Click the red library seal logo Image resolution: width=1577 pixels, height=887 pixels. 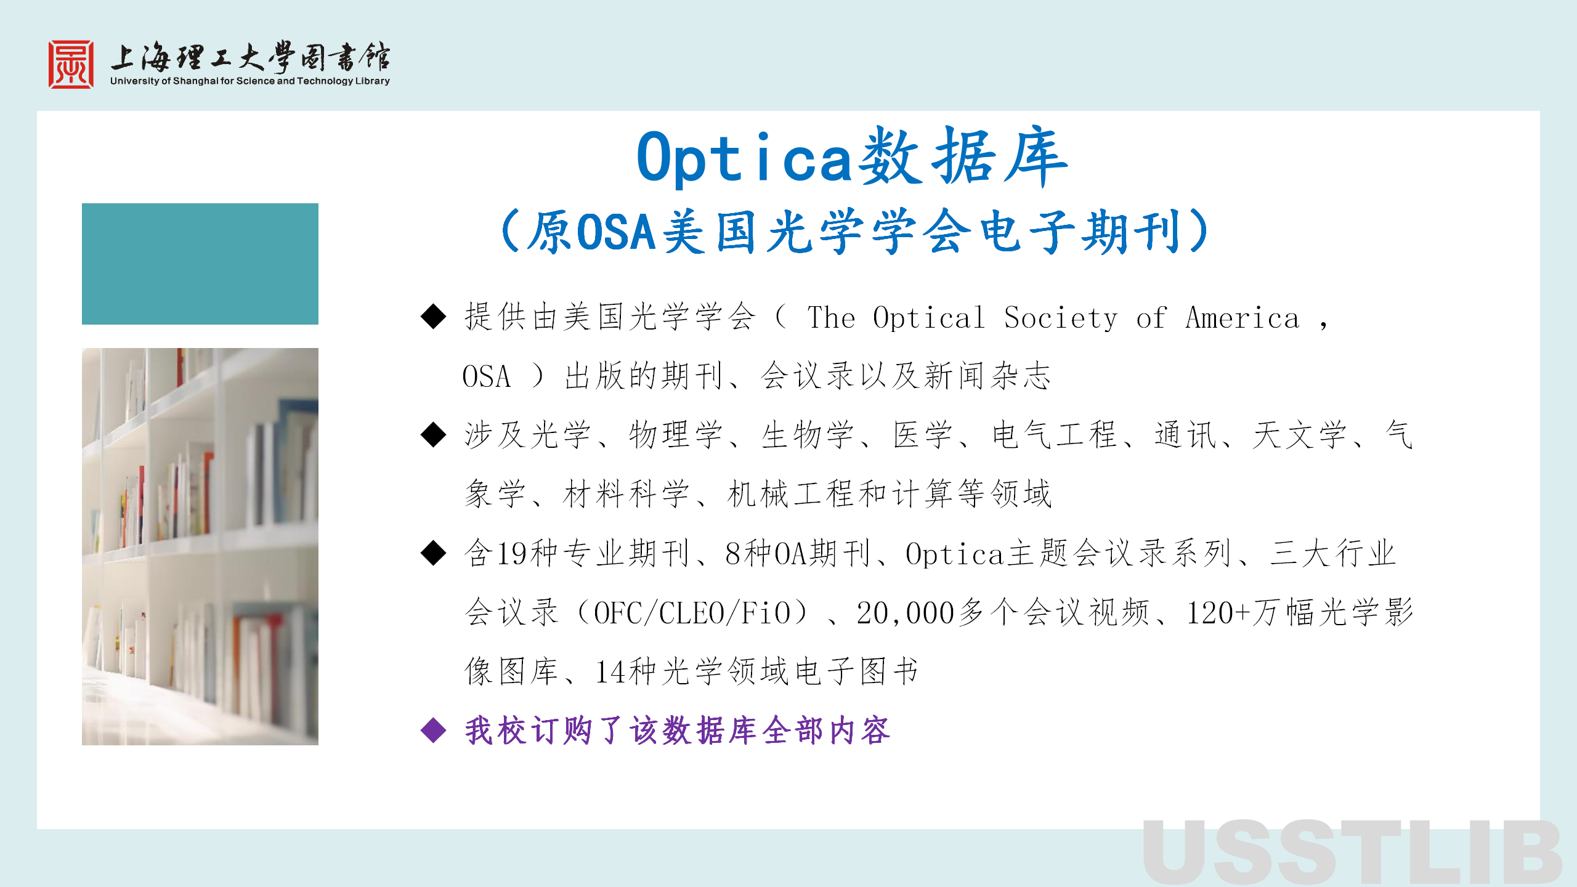coord(71,65)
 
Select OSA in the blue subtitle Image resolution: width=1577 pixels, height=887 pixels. coord(616,232)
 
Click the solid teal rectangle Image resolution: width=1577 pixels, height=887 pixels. coord(200,264)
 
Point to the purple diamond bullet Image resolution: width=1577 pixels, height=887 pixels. coord(434,731)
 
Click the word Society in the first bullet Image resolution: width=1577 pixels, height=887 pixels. coord(1060,318)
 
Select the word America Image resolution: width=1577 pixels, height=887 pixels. coord(1243,318)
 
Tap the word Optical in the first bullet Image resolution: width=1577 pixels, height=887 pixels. coord(928,318)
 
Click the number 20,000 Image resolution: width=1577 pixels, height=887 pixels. coord(905,614)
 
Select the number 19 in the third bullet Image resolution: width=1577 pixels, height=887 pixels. coord(512,554)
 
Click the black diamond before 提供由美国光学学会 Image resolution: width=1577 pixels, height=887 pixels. coord(434,317)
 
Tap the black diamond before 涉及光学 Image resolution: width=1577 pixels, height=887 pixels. coord(434,435)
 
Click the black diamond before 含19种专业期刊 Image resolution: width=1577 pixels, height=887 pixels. coord(434,553)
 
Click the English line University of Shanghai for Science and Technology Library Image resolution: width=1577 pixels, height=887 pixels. coord(250,81)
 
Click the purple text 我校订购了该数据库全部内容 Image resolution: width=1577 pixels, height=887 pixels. coord(677,731)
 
